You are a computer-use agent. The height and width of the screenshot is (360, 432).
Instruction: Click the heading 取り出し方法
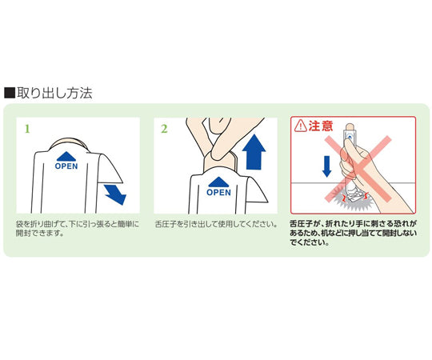[x=54, y=93]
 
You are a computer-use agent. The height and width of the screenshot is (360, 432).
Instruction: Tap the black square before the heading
[x=10, y=93]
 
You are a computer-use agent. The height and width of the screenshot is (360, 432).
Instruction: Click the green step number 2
[x=164, y=128]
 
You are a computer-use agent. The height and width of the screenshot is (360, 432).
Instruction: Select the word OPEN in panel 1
[x=66, y=167]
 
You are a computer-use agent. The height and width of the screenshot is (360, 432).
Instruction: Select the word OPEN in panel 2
[x=218, y=192]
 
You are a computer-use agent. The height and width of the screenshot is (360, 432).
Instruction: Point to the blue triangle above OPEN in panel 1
[x=66, y=157]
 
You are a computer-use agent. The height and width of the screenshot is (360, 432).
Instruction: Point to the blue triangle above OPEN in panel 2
[x=218, y=182]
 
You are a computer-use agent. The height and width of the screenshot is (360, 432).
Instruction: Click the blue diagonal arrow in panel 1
[x=114, y=193]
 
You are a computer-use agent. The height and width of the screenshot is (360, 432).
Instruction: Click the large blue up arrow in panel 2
[x=255, y=151]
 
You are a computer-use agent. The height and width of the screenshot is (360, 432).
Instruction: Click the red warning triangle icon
[x=301, y=126]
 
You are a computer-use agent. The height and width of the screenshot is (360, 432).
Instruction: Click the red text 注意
[x=321, y=126]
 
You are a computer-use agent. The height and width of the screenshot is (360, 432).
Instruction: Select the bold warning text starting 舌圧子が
[x=352, y=234]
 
